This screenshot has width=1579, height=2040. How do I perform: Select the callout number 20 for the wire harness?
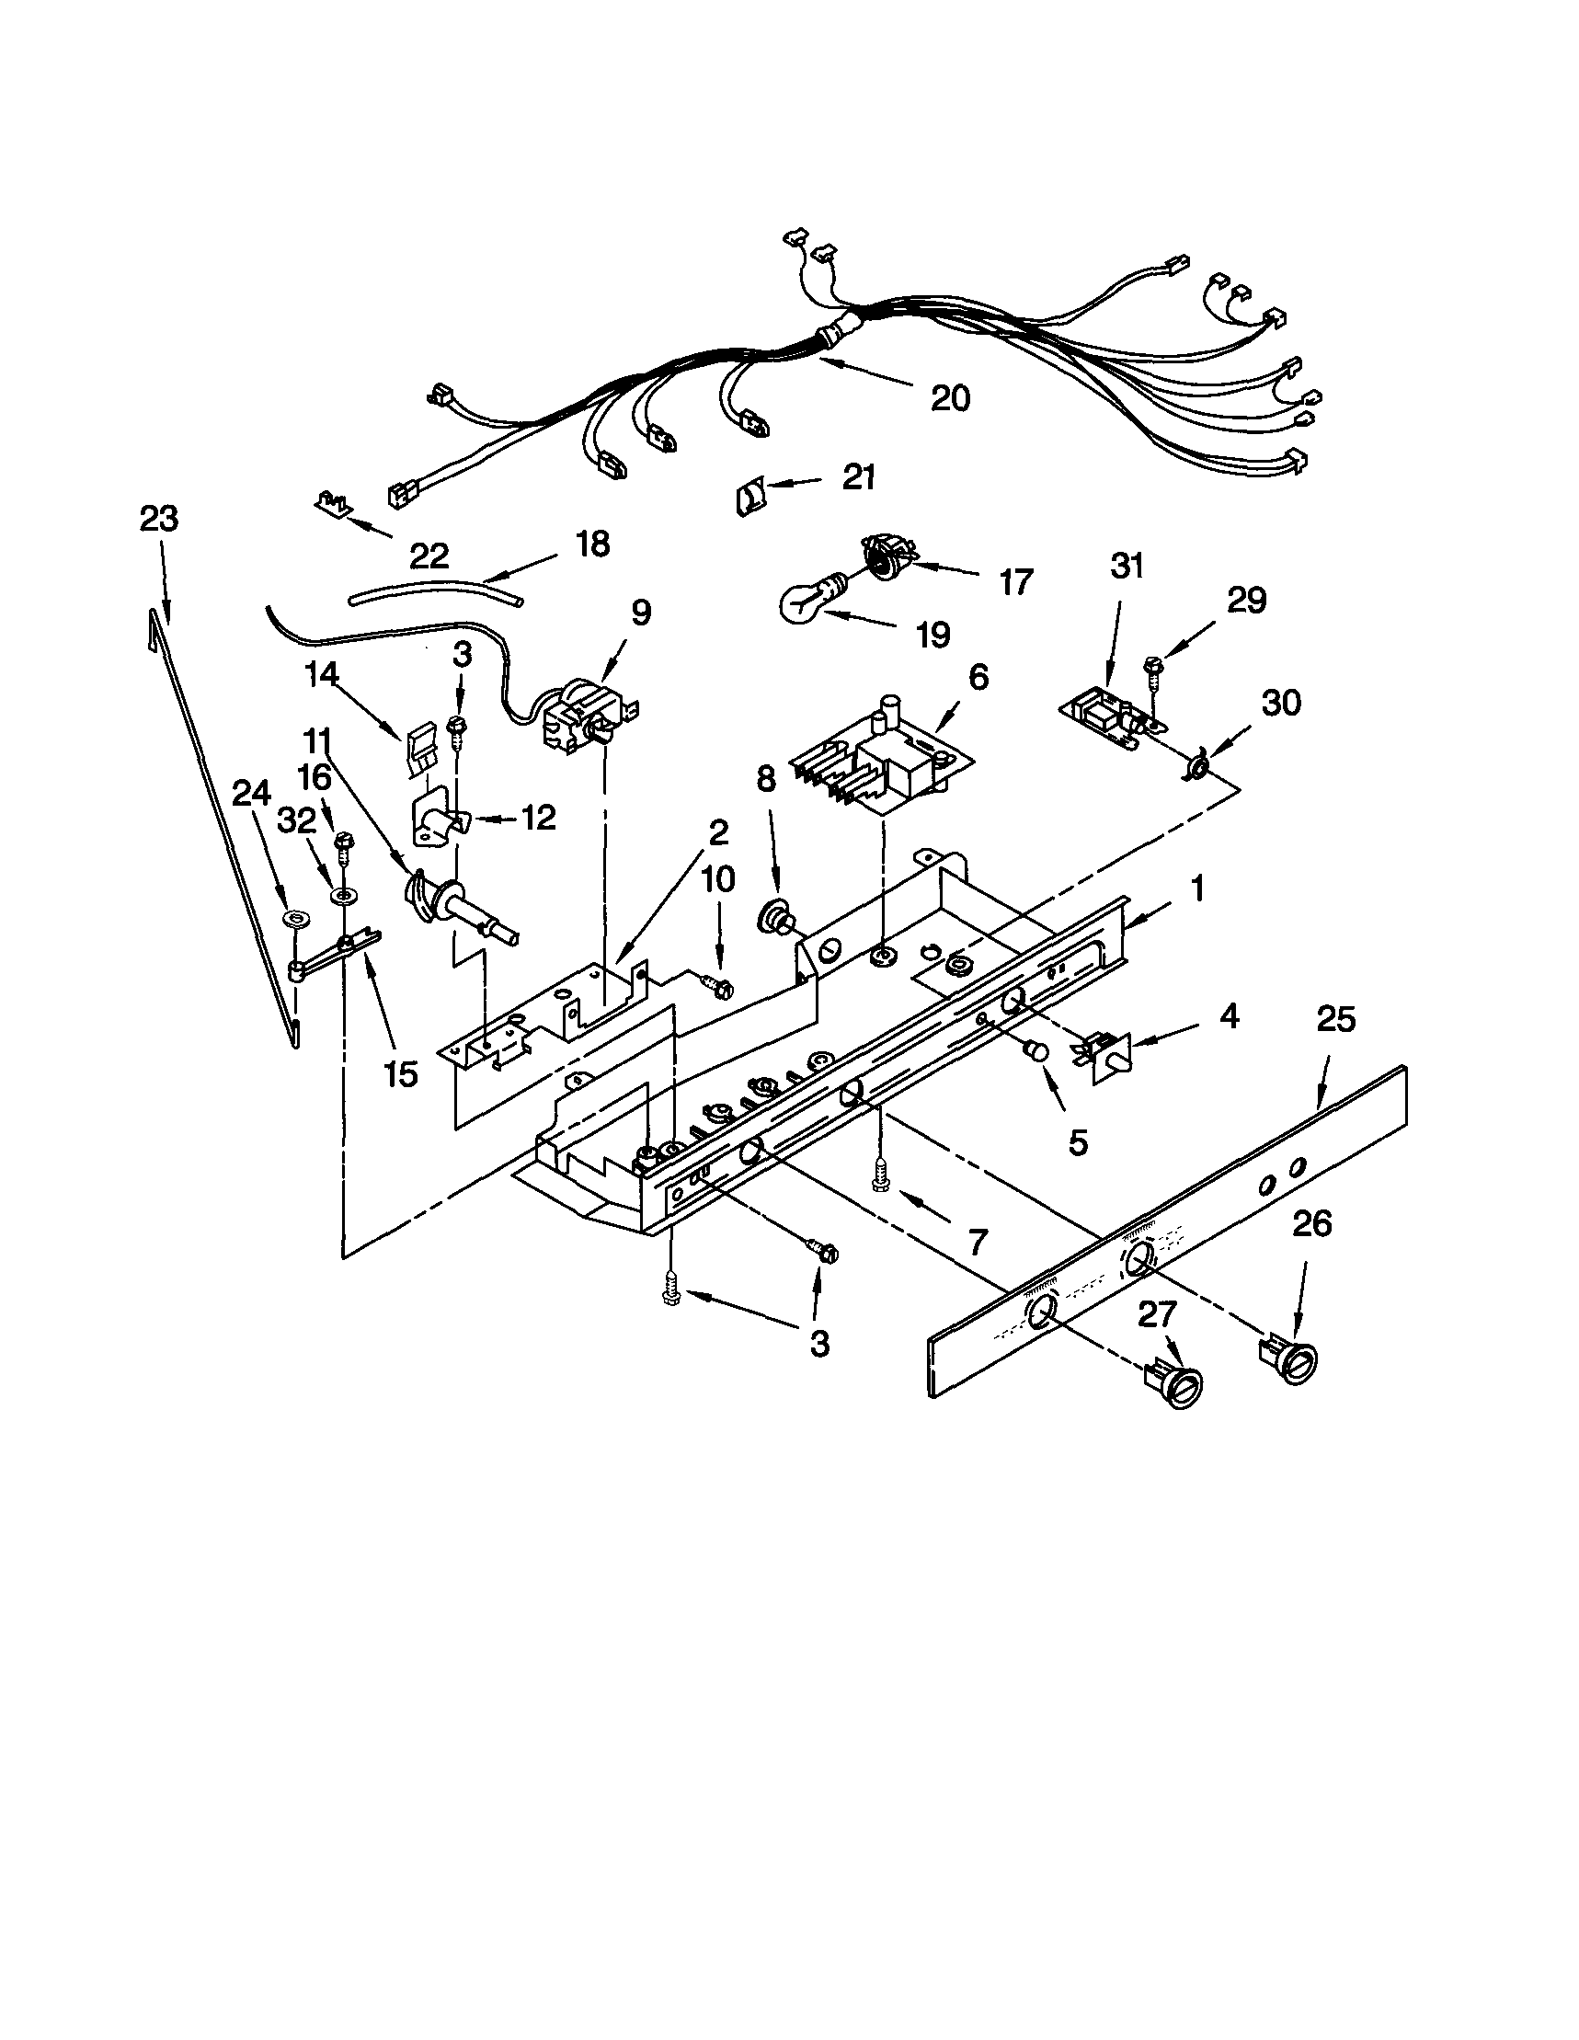[950, 399]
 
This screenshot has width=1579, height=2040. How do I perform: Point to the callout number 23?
[159, 519]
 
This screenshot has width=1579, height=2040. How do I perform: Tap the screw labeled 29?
[1154, 666]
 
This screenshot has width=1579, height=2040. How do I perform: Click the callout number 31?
[1127, 566]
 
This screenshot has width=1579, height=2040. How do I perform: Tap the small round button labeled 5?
[1035, 1052]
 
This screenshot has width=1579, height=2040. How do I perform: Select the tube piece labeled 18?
[434, 595]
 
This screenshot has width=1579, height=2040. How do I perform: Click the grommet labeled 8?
[774, 915]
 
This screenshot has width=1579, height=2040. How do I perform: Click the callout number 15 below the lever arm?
[401, 1074]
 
